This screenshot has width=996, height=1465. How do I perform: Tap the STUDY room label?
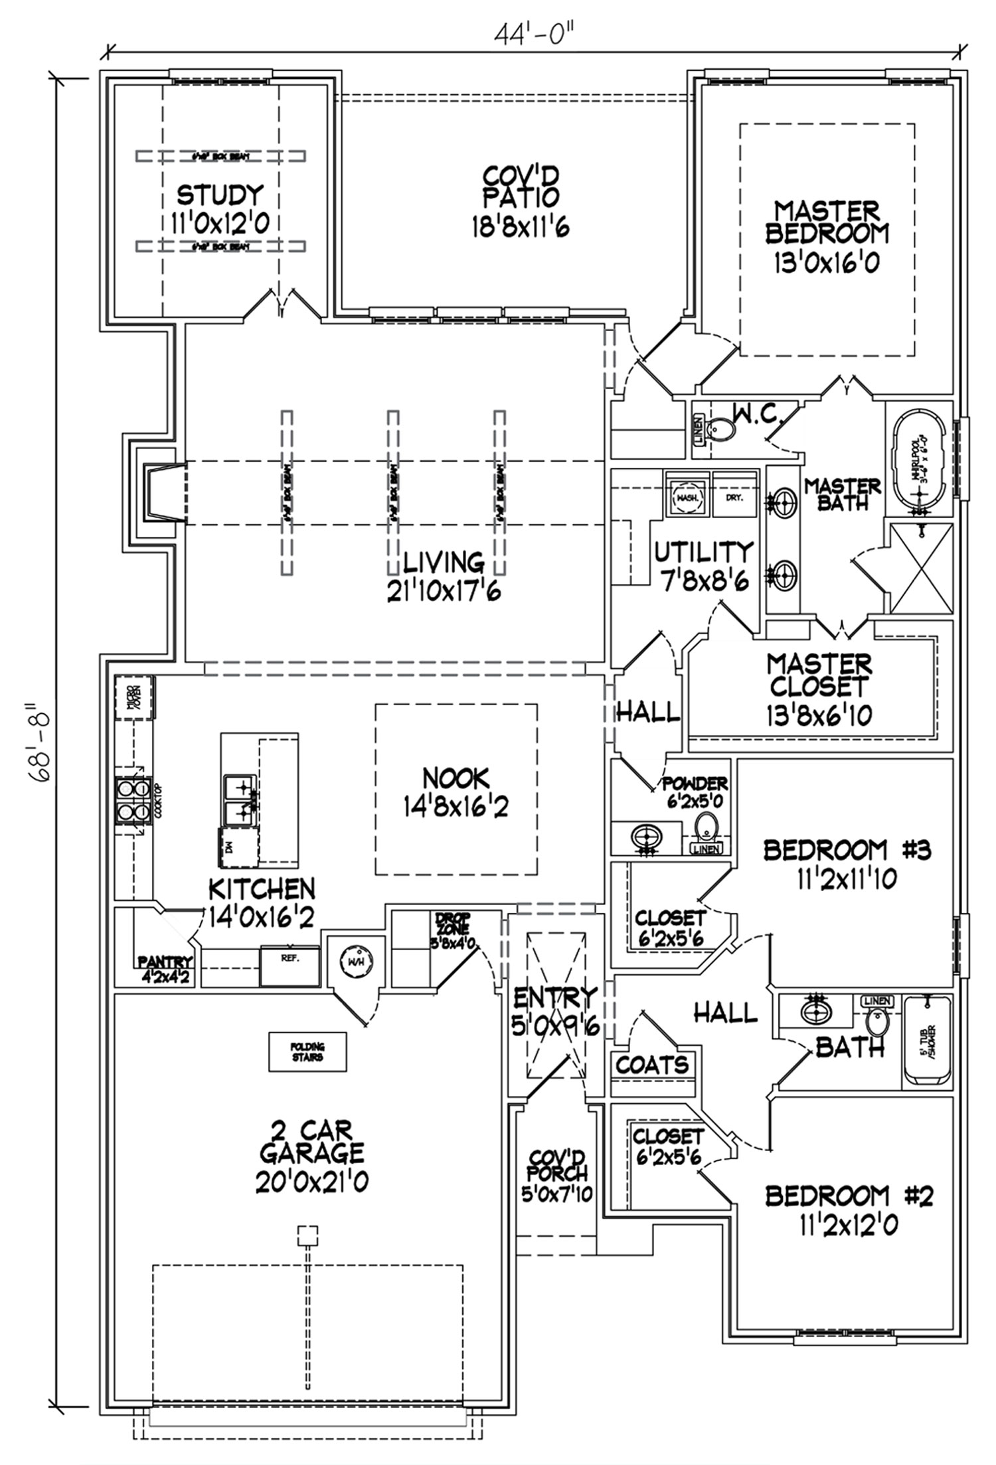click(x=220, y=196)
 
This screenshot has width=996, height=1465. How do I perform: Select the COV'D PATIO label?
click(x=520, y=186)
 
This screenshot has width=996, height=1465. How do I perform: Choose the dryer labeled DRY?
click(x=735, y=496)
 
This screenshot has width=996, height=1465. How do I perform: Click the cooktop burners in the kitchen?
click(x=131, y=800)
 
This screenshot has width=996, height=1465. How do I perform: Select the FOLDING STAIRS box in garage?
click(x=307, y=1052)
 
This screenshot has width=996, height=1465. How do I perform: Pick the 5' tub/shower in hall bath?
click(x=928, y=1040)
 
